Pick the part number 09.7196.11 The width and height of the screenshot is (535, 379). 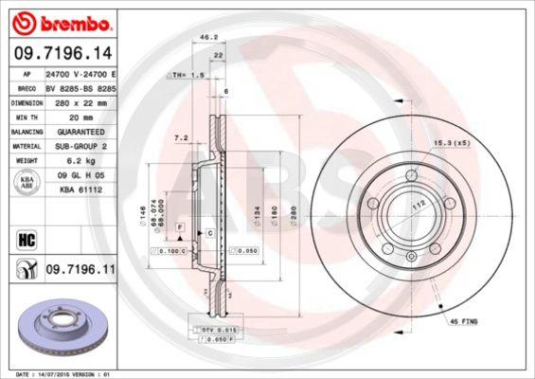[80, 270]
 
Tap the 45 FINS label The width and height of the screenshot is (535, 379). [463, 322]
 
